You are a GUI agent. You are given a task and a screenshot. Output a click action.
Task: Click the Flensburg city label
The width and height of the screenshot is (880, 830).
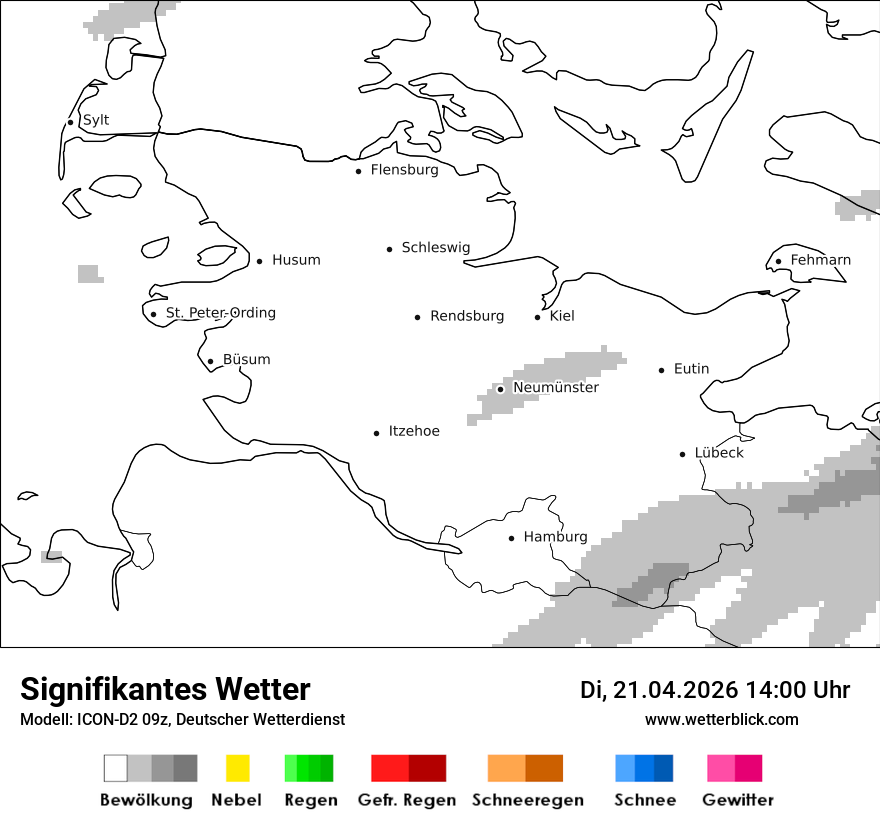pyautogui.click(x=404, y=170)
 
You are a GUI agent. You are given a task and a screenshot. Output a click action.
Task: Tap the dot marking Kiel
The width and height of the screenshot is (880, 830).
pyautogui.click(x=538, y=317)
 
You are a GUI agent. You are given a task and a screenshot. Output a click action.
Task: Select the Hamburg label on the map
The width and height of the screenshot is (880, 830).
pyautogui.click(x=555, y=537)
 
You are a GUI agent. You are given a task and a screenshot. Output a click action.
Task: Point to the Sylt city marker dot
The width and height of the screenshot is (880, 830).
pyautogui.click(x=70, y=122)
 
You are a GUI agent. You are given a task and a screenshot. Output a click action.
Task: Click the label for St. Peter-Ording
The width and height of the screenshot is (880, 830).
pyautogui.click(x=220, y=313)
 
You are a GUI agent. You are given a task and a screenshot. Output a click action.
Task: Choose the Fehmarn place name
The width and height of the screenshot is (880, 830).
pyautogui.click(x=820, y=260)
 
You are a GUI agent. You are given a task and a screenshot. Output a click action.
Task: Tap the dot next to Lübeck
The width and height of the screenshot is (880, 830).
pyautogui.click(x=683, y=454)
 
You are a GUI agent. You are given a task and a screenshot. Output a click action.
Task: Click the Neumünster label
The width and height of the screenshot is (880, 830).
pyautogui.click(x=556, y=387)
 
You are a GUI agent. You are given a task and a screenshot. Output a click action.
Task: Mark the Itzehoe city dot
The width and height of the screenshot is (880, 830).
pyautogui.click(x=377, y=433)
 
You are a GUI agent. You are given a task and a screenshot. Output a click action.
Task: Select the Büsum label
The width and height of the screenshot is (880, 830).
pyautogui.click(x=246, y=360)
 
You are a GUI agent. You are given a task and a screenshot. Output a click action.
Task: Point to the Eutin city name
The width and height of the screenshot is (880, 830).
pyautogui.click(x=691, y=369)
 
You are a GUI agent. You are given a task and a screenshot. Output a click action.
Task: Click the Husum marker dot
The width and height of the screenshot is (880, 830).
pyautogui.click(x=259, y=261)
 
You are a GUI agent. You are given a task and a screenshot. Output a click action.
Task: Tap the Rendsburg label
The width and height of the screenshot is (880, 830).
pyautogui.click(x=467, y=316)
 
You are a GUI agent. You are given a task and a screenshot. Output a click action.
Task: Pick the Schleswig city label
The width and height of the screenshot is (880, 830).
pyautogui.click(x=435, y=248)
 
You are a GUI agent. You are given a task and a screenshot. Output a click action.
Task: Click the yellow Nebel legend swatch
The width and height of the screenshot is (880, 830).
pyautogui.click(x=237, y=768)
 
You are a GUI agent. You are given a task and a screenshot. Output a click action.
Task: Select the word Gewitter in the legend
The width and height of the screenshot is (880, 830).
pyautogui.click(x=738, y=800)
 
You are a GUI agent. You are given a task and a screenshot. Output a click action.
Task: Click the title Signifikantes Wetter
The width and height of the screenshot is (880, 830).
pyautogui.click(x=165, y=690)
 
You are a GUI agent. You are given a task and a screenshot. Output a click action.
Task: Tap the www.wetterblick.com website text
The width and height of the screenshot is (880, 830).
pyautogui.click(x=722, y=720)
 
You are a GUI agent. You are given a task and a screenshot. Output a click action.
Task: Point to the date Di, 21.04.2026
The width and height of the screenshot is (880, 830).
pyautogui.click(x=659, y=690)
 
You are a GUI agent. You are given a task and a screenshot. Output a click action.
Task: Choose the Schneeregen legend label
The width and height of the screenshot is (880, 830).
pyautogui.click(x=527, y=800)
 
